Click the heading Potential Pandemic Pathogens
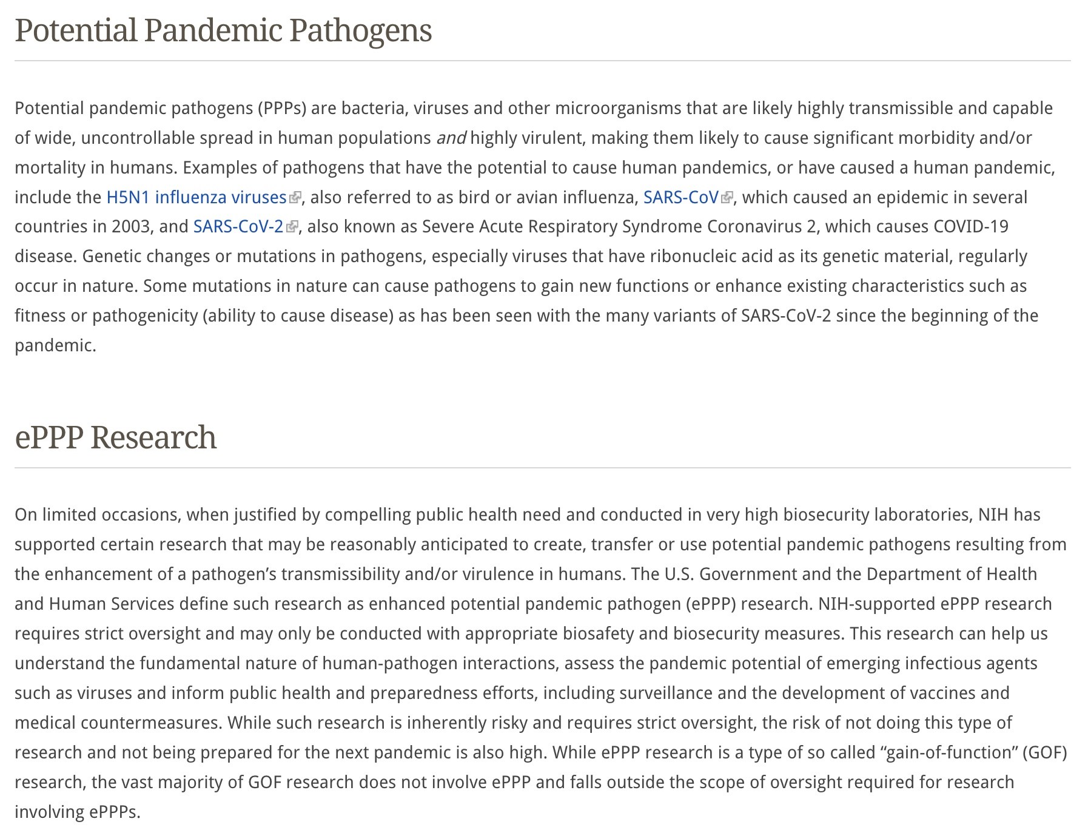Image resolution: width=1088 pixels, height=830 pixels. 223,30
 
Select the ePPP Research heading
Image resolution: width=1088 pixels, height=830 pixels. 115,437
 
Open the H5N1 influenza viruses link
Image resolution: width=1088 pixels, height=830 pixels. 196,197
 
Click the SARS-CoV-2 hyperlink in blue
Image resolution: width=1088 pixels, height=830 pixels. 238,226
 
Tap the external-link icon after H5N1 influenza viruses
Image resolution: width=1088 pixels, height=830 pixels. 295,197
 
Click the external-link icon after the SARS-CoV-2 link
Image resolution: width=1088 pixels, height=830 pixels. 292,226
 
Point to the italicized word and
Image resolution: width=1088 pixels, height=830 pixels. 451,138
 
